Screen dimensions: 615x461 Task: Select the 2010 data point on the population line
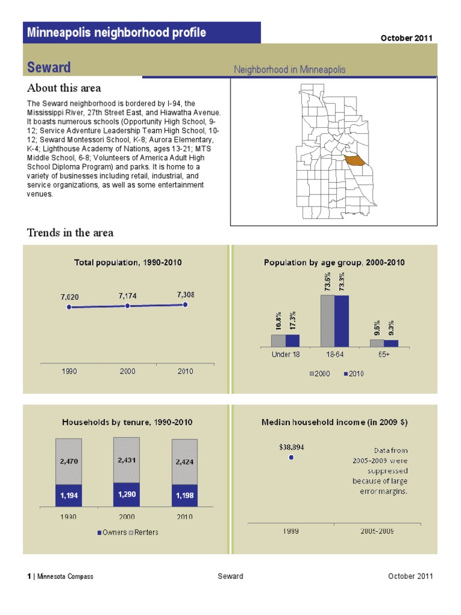click(185, 304)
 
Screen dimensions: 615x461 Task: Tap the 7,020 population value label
click(70, 297)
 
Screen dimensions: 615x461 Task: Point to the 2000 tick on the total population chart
click(127, 371)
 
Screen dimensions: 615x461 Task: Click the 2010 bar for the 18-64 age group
click(342, 321)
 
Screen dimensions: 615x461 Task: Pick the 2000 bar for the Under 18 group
click(279, 341)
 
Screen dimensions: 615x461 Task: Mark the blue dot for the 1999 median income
click(291, 457)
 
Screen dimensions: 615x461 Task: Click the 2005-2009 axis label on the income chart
click(377, 532)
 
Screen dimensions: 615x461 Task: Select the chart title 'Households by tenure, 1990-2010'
click(127, 422)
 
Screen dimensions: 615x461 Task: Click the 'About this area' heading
click(64, 88)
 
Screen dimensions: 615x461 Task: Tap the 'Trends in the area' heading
click(70, 232)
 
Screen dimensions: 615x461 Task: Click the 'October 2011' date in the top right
click(406, 38)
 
